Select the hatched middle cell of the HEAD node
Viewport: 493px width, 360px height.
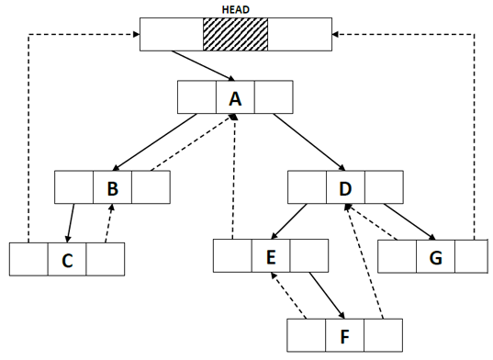pos(235,34)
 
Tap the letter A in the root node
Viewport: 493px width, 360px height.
pos(235,97)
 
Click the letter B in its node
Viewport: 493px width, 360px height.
pos(112,187)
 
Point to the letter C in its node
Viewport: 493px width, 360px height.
pos(66,260)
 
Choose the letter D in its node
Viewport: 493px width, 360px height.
pos(345,187)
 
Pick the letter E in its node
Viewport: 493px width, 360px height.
pos(271,255)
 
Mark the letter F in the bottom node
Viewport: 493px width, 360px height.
pos(344,334)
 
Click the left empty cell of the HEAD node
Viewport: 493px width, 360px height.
pos(172,34)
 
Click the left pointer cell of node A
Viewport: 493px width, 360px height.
pos(197,97)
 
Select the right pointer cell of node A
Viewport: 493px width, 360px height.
pos(274,97)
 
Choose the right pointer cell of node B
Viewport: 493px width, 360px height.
pos(151,187)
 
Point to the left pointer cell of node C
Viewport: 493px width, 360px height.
pos(28,260)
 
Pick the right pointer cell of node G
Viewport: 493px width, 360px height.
pos(471,256)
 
